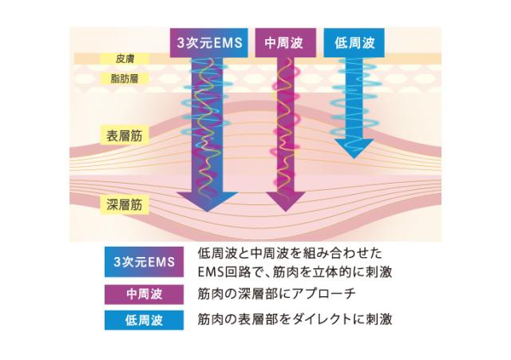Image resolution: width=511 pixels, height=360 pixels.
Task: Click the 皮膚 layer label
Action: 124,59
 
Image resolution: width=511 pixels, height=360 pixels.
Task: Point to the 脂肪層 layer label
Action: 124,79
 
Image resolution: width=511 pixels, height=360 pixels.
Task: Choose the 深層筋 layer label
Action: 124,204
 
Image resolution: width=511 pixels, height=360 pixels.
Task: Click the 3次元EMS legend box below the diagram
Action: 144,262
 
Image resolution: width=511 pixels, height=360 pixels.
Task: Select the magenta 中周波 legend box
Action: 144,294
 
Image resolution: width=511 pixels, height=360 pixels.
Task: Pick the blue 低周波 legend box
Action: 144,321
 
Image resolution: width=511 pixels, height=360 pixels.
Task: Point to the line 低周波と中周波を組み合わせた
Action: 289,254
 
